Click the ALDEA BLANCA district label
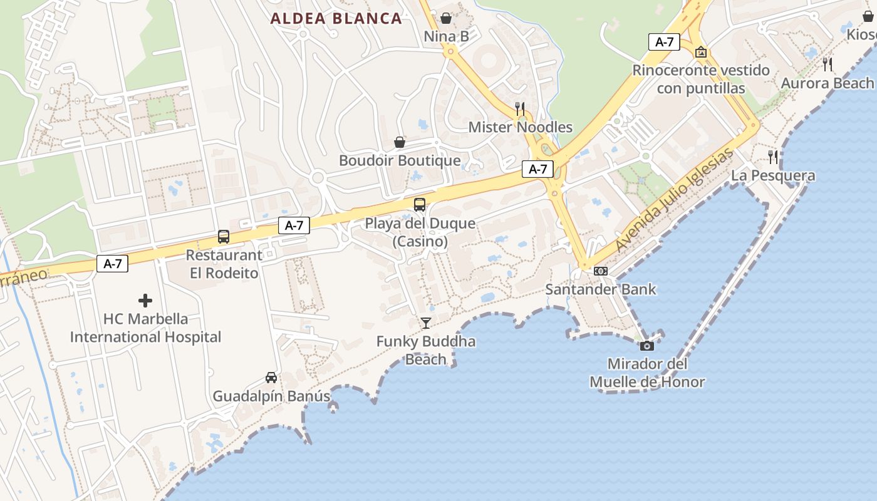point(336,19)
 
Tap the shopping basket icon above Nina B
point(446,18)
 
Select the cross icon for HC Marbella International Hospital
point(145,301)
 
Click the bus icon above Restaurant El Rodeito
point(224,237)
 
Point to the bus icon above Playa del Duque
point(420,205)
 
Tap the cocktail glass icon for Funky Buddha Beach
point(426,323)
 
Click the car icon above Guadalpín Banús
point(271,378)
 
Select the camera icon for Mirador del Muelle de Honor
point(647,346)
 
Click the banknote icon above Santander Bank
point(601,271)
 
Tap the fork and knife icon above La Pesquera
point(773,157)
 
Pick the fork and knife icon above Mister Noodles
point(520,108)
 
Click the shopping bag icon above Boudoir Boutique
point(400,142)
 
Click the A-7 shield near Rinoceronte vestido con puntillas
point(664,42)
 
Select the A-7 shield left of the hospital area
point(113,264)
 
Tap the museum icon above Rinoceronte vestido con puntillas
point(701,52)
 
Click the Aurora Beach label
point(827,83)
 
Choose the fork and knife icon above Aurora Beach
point(828,64)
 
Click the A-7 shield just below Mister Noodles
point(537,169)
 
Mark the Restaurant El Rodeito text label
point(224,264)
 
